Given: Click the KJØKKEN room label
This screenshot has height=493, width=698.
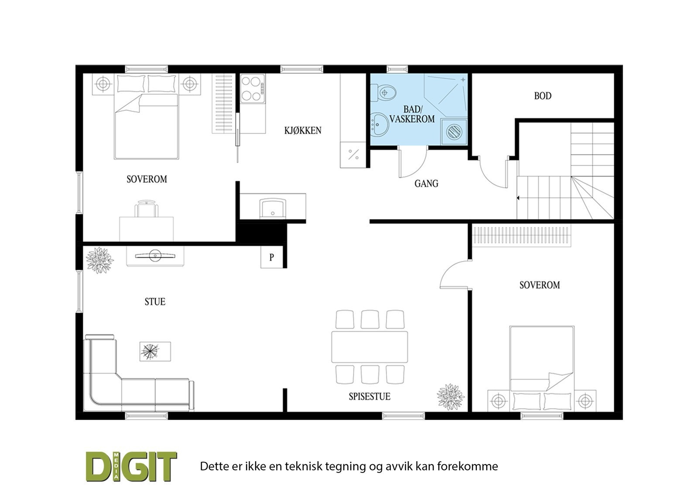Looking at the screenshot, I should click(303, 130).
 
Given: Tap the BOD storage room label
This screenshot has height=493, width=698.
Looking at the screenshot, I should click(543, 96).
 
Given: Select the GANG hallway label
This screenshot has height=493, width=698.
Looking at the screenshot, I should click(426, 184).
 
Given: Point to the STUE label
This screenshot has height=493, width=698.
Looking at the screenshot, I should click(155, 302).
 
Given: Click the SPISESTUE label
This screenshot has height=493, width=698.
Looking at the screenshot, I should click(369, 397).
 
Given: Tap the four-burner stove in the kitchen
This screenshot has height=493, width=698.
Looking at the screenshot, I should click(252, 89).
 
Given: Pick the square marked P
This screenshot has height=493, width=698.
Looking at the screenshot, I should click(271, 257).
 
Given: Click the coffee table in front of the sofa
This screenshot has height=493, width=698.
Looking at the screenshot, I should click(155, 351).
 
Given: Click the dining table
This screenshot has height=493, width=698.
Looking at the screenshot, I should click(369, 347).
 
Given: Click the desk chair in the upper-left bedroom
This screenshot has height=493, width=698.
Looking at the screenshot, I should click(147, 209).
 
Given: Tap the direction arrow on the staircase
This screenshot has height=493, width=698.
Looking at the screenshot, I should click(518, 198).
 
